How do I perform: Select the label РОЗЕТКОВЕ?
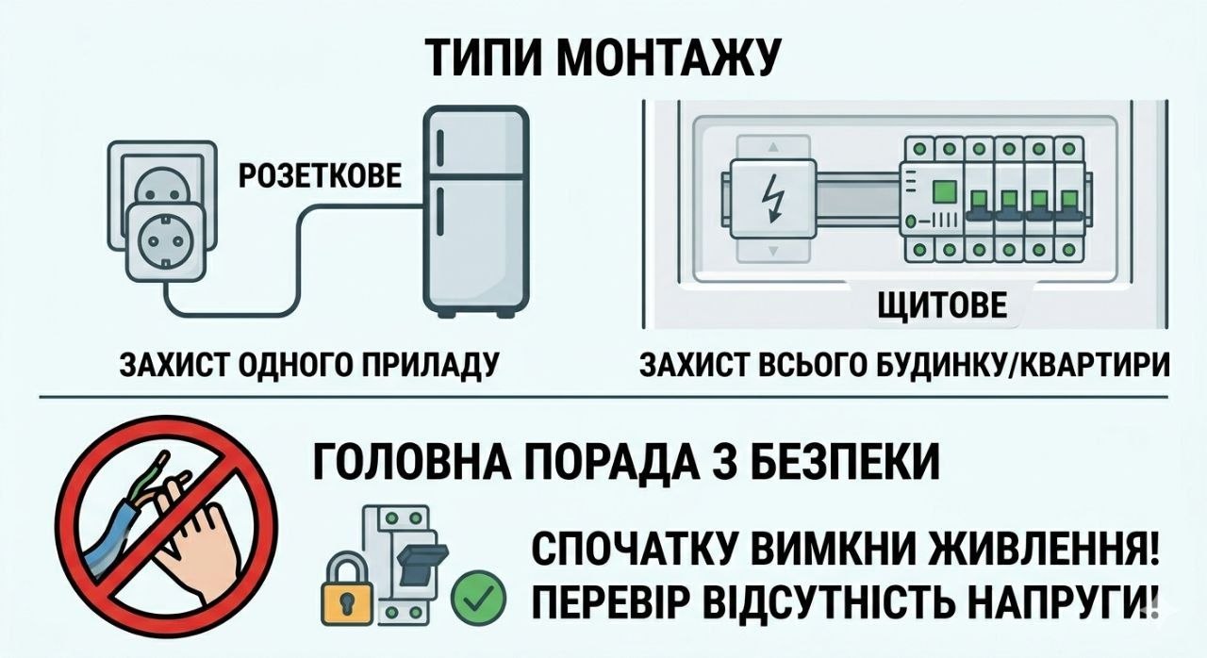pos(319,176)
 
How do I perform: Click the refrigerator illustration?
pos(473,214)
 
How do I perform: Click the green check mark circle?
pos(478,597)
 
